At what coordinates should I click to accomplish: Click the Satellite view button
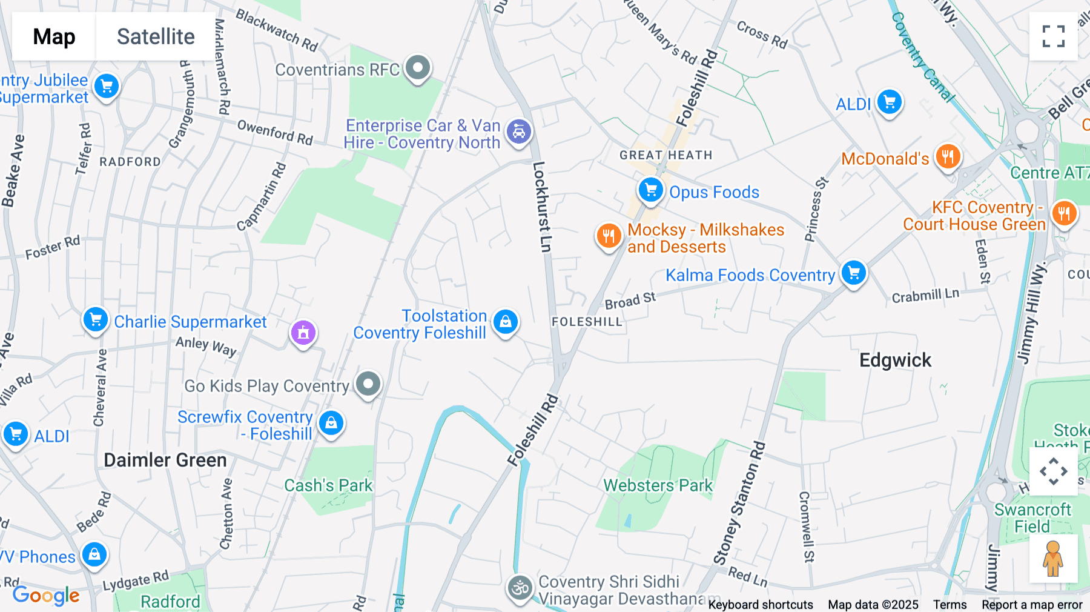(x=156, y=36)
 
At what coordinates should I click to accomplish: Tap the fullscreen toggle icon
(x=1053, y=36)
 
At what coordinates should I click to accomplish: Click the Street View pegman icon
(x=1053, y=558)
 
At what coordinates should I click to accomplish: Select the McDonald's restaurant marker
(x=948, y=157)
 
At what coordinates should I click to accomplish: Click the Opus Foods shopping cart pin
(x=650, y=190)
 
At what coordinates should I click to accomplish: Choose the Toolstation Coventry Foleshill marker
(x=506, y=322)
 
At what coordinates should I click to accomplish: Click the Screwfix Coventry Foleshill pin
(x=331, y=423)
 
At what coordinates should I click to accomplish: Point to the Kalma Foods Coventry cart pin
(x=854, y=273)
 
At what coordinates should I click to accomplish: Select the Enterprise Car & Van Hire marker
(x=519, y=131)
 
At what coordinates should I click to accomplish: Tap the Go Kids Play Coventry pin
(x=368, y=384)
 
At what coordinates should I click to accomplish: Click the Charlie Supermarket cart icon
(x=96, y=319)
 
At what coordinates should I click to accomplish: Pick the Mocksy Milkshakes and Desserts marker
(x=609, y=236)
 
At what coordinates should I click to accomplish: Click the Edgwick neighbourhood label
(x=895, y=361)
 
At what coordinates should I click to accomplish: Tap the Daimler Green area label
(x=165, y=460)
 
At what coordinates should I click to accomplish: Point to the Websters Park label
(x=658, y=485)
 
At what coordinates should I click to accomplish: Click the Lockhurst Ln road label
(x=542, y=206)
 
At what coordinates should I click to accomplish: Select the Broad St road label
(x=630, y=301)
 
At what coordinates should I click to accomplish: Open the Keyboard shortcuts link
(x=760, y=604)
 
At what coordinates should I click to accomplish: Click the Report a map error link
(x=1032, y=604)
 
